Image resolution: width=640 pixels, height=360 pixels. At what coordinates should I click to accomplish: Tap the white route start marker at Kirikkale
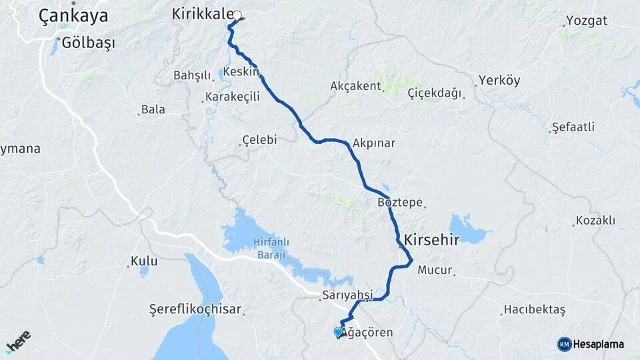(x=237, y=15)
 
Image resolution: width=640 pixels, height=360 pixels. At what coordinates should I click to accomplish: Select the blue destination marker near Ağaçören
(x=338, y=332)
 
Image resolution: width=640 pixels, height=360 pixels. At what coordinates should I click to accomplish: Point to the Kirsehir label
(x=431, y=241)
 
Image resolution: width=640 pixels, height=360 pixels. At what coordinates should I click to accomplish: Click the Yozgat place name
(x=586, y=20)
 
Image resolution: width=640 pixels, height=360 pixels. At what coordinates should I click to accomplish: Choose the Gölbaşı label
(x=87, y=43)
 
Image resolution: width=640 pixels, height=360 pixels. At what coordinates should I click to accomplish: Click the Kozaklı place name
(x=595, y=220)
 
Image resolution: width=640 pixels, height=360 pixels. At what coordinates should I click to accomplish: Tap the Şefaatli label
(x=573, y=127)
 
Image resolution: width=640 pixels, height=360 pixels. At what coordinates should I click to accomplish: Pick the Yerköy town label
(x=499, y=81)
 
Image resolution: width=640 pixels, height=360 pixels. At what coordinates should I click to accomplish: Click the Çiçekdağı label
(x=434, y=93)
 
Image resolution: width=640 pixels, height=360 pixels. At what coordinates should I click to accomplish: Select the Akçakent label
(x=355, y=86)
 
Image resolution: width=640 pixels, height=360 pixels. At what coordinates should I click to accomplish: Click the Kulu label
(x=143, y=260)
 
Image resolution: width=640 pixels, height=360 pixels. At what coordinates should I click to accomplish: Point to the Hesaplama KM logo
(x=591, y=344)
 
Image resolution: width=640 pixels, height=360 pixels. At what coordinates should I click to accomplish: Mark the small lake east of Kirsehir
(x=470, y=229)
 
